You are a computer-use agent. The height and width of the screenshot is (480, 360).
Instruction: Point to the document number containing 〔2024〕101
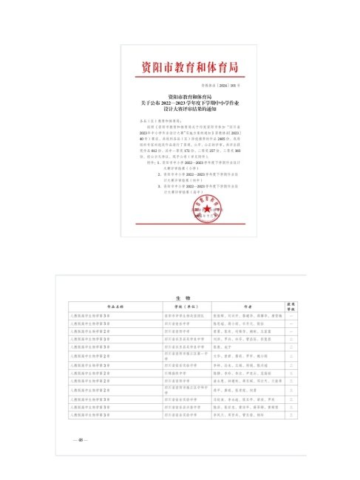point(226,86)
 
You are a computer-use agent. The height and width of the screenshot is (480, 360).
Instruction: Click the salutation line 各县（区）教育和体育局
point(151,120)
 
